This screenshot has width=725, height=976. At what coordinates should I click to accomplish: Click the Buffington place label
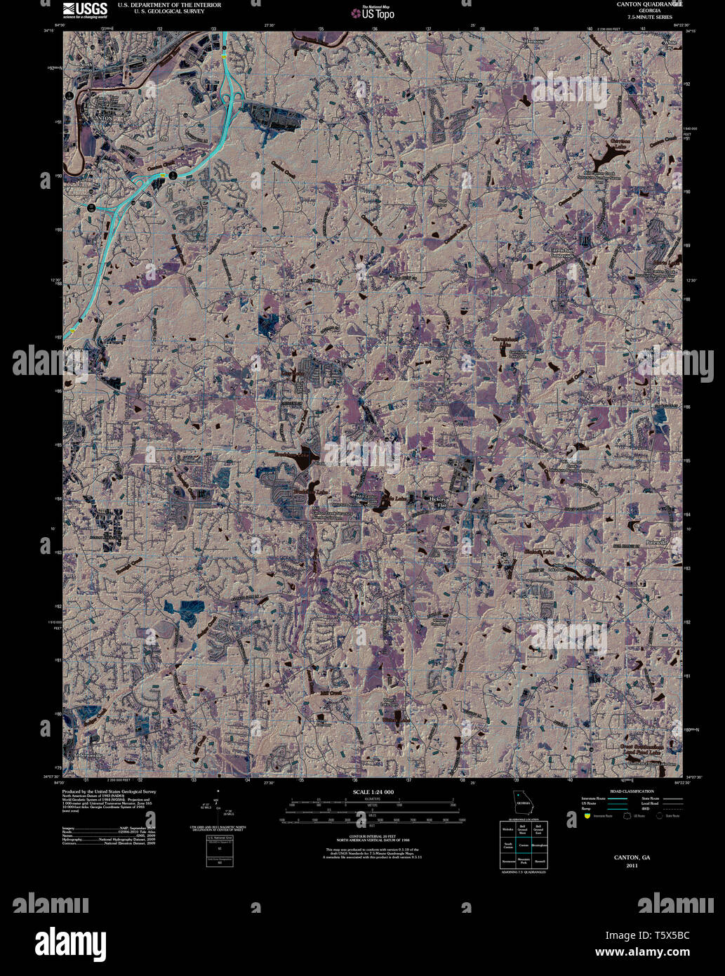[x=466, y=80]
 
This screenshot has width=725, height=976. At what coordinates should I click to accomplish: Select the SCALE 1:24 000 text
[x=375, y=792]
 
